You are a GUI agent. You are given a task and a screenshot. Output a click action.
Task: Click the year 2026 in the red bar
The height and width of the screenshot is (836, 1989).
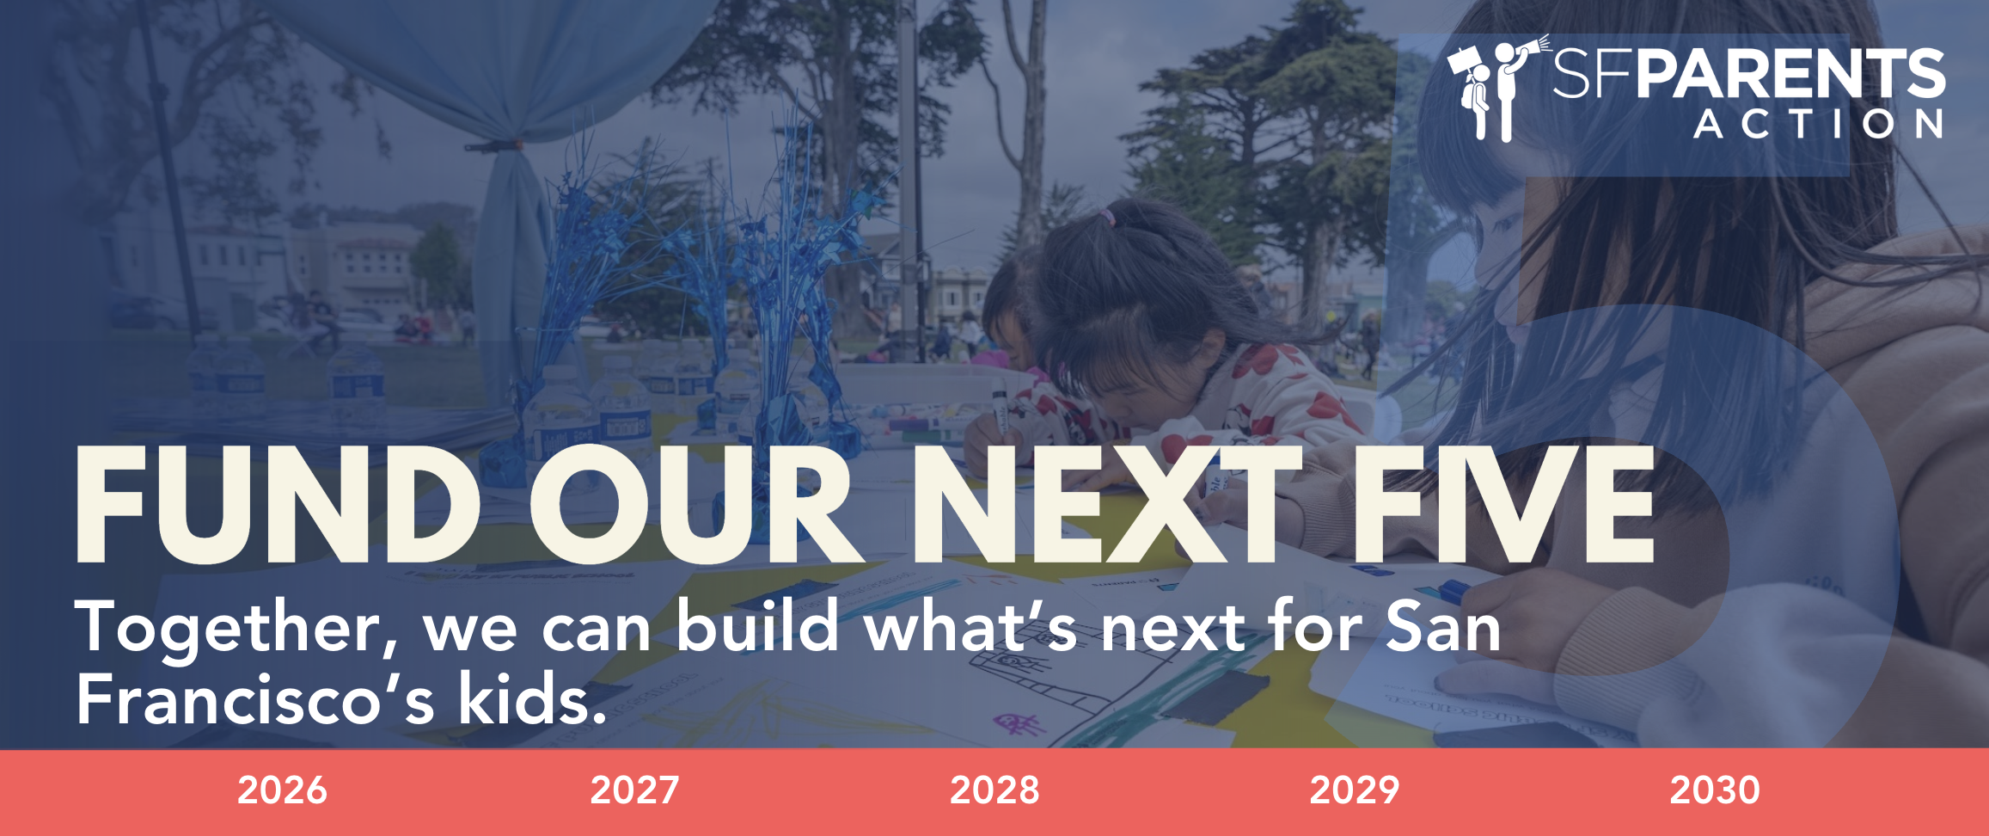pos(282,790)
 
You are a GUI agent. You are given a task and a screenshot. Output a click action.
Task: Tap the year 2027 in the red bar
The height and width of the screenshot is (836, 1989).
pos(634,790)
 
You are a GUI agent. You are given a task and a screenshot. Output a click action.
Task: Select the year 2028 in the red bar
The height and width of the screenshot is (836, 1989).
pos(994,790)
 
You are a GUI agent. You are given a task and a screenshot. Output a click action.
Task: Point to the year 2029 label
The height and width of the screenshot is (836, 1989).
pos(1355,790)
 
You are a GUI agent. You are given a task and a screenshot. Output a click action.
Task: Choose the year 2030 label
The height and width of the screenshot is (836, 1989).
pos(1715,790)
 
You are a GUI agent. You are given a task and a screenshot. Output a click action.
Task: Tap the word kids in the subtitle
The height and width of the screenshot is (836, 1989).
pos(533,698)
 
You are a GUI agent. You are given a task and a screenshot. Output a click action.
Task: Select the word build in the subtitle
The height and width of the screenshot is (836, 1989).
pos(756,625)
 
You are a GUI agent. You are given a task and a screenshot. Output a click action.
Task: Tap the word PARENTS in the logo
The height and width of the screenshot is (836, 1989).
pos(1790,74)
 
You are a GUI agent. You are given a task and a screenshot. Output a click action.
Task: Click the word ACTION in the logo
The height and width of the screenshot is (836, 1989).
pos(1819,124)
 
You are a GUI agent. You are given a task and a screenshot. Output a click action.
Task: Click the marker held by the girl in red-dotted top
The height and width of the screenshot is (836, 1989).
pos(1001,409)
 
